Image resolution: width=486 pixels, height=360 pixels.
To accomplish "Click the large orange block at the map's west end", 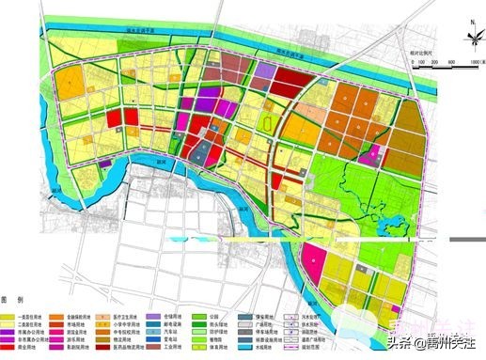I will pos(70,84).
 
